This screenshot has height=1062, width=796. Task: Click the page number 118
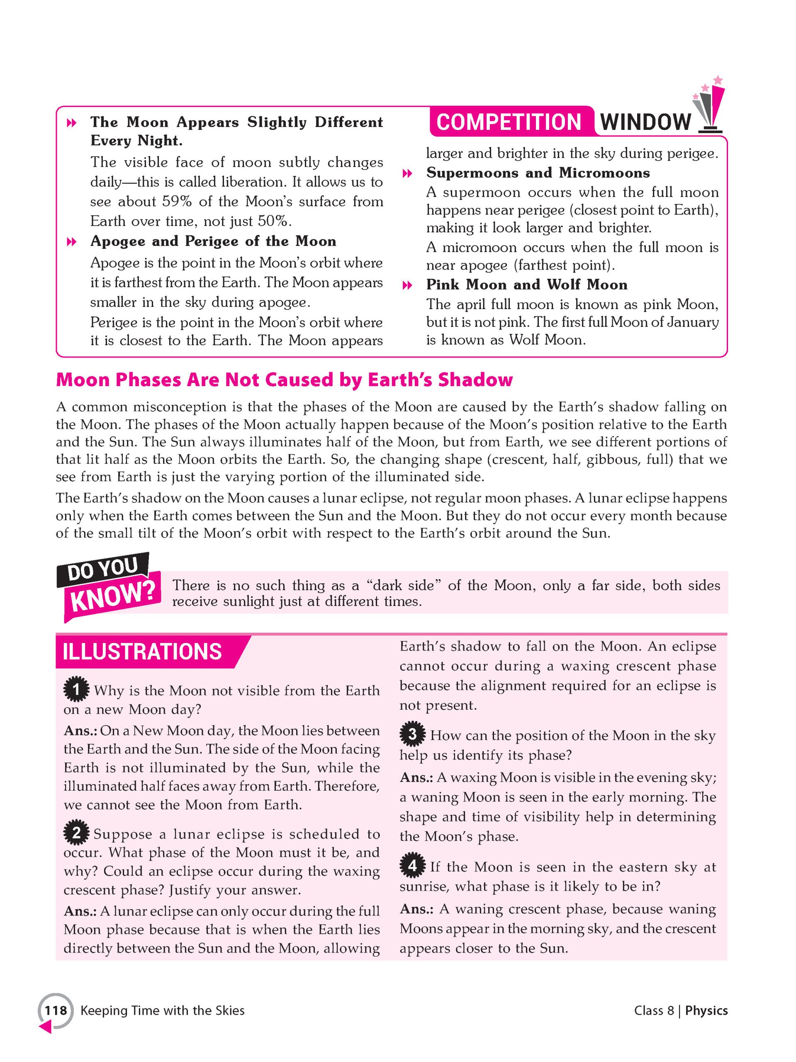[56, 1011]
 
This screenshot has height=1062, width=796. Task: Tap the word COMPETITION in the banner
[509, 122]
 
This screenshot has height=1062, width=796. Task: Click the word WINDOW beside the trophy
[645, 122]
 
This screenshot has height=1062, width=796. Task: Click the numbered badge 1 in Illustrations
[76, 690]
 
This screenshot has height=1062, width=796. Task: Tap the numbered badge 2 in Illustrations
[76, 833]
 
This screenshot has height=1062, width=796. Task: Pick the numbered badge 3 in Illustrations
[412, 735]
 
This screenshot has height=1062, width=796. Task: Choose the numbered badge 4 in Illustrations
[412, 867]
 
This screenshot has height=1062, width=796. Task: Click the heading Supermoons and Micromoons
[538, 173]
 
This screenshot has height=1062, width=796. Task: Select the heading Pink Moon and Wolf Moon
[527, 285]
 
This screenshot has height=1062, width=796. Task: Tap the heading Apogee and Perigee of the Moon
[213, 241]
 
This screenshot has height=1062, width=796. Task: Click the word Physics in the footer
[706, 1011]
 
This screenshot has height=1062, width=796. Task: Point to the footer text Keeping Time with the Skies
[162, 1011]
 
